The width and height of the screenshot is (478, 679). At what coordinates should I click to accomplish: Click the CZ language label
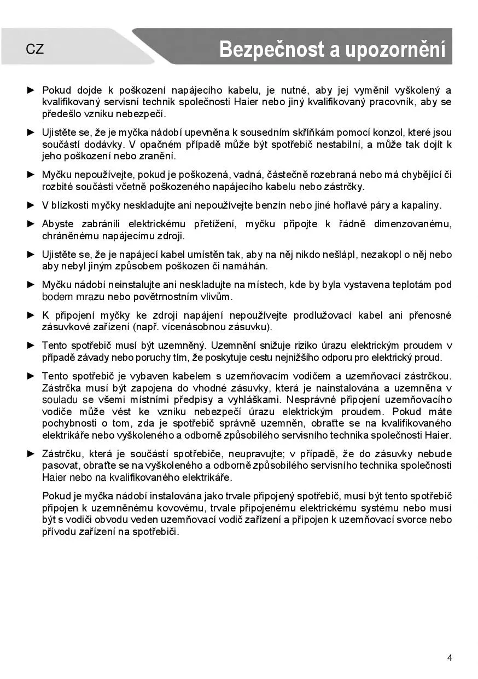(34, 49)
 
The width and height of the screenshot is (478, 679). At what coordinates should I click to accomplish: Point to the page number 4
(450, 658)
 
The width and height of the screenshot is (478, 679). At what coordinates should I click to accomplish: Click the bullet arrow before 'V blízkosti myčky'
(31, 205)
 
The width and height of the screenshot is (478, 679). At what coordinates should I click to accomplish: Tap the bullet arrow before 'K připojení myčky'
(31, 315)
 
